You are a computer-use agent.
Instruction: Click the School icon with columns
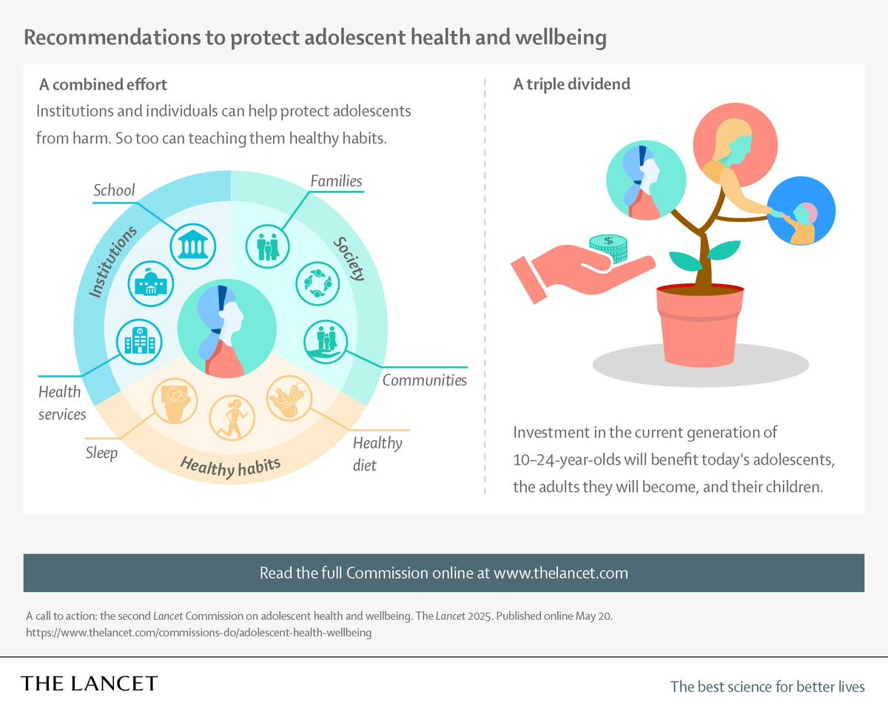coord(193,246)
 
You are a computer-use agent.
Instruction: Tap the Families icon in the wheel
coord(268,246)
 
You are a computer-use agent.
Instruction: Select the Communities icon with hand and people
coord(326,341)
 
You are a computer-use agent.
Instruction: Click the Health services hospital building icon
coord(140,341)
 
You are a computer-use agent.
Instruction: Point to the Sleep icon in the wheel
coord(174,399)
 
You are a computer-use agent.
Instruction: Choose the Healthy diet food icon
coord(289,399)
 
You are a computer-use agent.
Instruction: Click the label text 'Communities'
coord(424,380)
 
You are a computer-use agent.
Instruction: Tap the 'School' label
coord(114,190)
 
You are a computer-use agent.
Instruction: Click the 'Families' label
coord(336,181)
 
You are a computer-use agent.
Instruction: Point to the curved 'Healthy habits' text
coord(230,467)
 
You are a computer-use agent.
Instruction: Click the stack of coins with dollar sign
coord(608,247)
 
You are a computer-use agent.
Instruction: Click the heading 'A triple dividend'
coord(571,84)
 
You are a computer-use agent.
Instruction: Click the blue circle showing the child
coord(801,211)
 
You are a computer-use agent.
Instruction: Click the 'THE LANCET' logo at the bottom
coord(90,683)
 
